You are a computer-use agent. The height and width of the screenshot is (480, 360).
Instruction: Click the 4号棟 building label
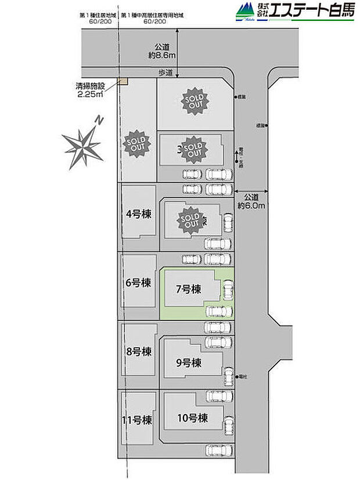(x=138, y=213)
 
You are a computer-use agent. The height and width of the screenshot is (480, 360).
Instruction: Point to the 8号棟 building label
(x=138, y=352)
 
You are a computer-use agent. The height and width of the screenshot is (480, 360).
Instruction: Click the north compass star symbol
(x=84, y=142)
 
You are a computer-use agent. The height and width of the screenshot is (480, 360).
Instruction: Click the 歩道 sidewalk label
(x=166, y=71)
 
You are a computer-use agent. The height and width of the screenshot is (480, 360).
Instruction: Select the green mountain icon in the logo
(x=244, y=10)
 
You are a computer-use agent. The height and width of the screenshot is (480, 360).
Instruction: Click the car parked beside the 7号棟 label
(x=228, y=288)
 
